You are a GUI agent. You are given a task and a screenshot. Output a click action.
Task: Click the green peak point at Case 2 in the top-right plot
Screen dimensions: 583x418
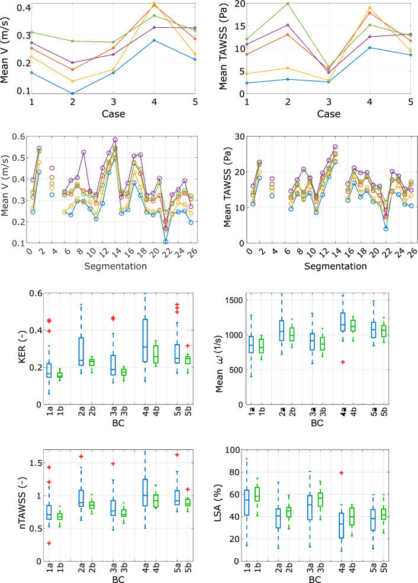[x=271, y=4]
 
